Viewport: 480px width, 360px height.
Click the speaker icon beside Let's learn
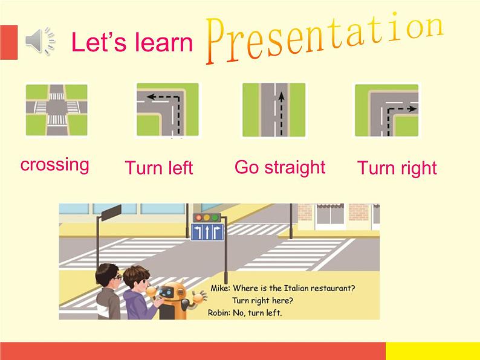(x=40, y=40)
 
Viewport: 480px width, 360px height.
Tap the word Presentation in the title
(x=325, y=38)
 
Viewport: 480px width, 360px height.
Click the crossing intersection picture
(x=57, y=110)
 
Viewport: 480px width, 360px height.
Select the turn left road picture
(x=167, y=109)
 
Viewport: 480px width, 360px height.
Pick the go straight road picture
(x=274, y=110)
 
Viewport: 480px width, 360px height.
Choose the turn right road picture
(x=387, y=110)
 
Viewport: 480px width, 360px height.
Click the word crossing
(x=55, y=165)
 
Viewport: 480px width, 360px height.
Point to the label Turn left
(x=159, y=167)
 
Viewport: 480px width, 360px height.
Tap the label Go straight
(x=280, y=168)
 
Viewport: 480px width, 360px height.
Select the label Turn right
(x=397, y=169)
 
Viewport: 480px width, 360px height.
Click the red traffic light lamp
(x=199, y=217)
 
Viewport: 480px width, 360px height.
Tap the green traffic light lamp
(x=215, y=217)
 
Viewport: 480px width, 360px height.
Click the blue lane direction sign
(x=207, y=232)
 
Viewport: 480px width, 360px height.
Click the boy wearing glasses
(x=108, y=291)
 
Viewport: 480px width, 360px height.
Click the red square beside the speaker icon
(x=9, y=42)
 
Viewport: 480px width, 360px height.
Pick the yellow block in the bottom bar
(x=433, y=351)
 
